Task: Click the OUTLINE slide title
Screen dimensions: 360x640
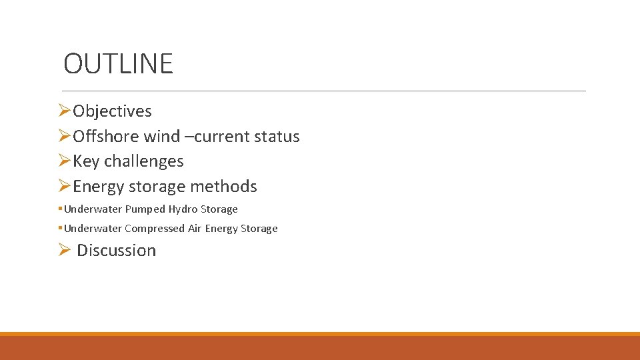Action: (118, 64)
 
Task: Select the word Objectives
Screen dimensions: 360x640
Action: (112, 111)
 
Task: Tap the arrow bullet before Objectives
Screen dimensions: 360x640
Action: (64, 111)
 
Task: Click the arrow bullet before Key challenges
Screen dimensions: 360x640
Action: (64, 161)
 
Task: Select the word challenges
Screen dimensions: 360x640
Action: (143, 161)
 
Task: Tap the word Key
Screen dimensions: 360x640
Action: (86, 161)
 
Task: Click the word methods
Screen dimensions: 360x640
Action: (223, 187)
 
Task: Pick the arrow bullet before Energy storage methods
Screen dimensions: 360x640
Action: (64, 186)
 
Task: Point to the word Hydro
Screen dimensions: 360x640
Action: (183, 209)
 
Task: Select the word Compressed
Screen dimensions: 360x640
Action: (155, 229)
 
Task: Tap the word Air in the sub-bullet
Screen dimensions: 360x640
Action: (195, 229)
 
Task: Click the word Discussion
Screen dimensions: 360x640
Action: (116, 251)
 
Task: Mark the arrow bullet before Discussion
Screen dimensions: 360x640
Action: (64, 250)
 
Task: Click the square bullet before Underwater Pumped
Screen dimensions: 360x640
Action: (61, 209)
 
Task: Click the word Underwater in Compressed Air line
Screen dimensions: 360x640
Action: (93, 229)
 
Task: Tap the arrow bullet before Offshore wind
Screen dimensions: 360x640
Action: (64, 136)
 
